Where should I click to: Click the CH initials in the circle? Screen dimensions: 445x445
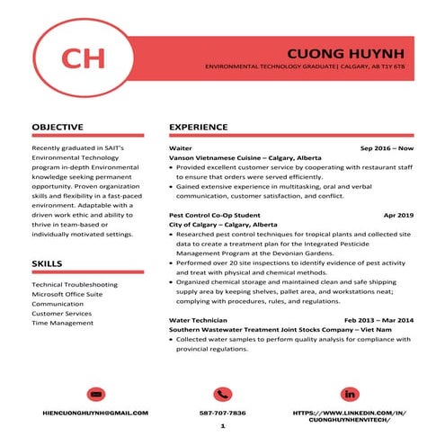83,58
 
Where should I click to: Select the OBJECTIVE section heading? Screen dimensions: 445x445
58,127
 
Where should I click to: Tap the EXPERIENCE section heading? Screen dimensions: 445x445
198,127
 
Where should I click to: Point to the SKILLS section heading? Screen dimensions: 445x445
47,263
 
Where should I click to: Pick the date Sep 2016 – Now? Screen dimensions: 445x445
387,147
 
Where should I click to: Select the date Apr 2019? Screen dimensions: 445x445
398,216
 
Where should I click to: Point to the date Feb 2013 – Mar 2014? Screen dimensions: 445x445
378,319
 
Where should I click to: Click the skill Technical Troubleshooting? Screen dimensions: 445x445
75,284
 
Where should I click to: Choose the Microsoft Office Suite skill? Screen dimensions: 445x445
67,294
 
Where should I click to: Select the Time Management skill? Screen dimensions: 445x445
62,323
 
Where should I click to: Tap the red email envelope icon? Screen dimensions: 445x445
96,394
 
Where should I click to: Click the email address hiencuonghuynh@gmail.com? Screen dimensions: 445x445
96,413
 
